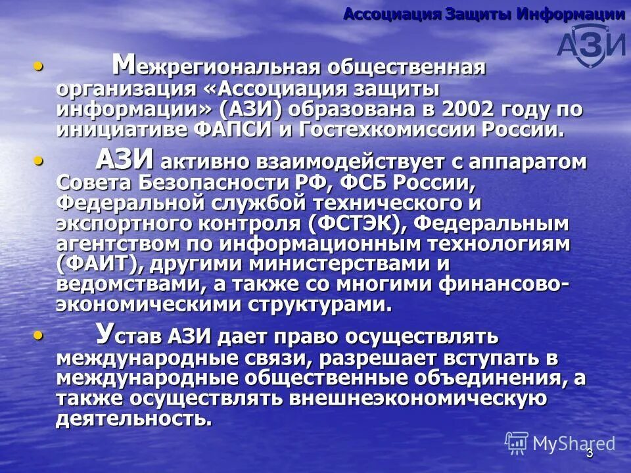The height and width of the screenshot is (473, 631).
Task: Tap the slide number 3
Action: [590, 453]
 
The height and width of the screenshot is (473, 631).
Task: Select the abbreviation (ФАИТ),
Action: [100, 265]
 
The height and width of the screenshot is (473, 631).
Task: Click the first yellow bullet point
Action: [40, 66]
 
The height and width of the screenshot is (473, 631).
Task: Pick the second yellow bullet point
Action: [40, 160]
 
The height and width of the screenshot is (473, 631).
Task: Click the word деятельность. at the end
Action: [134, 419]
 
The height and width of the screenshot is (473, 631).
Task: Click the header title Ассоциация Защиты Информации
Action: [484, 14]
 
